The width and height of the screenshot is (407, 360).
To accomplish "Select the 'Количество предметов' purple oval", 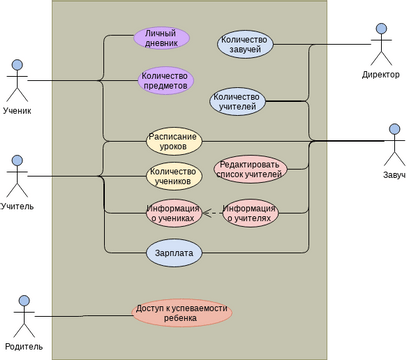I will click(x=166, y=80).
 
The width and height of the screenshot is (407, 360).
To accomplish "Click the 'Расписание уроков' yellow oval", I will click(x=173, y=141).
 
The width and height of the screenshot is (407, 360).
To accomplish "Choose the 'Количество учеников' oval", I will click(x=174, y=176).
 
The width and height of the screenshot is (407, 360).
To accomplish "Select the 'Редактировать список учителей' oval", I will click(x=250, y=169).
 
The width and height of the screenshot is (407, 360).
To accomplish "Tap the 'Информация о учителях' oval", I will click(x=250, y=212).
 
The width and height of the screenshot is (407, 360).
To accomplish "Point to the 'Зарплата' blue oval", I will click(x=174, y=254).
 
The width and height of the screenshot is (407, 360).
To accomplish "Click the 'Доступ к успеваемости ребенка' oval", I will click(x=181, y=313).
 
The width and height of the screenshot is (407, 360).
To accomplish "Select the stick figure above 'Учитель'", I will click(x=17, y=176).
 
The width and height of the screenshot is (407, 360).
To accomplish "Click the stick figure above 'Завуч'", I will click(x=394, y=144).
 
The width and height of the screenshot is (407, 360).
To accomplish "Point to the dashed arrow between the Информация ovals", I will click(x=212, y=213).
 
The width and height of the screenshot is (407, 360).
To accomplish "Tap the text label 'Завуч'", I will click(x=393, y=175).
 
